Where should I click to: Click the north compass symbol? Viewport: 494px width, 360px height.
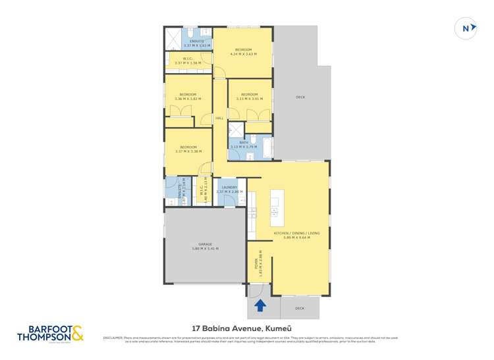coord(466,28)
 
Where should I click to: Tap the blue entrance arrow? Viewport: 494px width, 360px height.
coord(260,305)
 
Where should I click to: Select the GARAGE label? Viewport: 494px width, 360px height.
coord(205,244)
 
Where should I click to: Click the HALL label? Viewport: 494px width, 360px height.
coord(219,118)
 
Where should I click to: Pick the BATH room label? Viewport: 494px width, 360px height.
coord(244,142)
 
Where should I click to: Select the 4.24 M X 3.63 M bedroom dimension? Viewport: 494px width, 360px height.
coord(243,55)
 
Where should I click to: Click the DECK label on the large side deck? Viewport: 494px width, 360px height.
coord(300,97)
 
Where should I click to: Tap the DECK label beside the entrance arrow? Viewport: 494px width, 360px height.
coord(300,307)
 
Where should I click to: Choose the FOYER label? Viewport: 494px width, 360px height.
coord(256,265)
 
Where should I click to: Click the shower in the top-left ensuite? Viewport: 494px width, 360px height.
coord(173,38)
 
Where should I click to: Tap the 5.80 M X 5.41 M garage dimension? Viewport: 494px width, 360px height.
coord(205,249)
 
